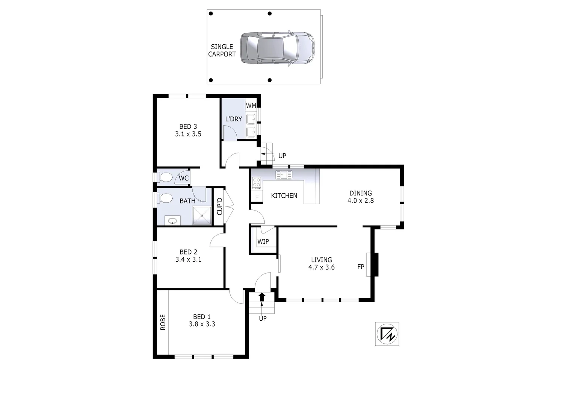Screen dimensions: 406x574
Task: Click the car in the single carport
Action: pyautogui.click(x=277, y=48)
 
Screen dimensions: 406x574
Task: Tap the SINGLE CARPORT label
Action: pyautogui.click(x=222, y=50)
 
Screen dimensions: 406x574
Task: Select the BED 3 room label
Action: pyautogui.click(x=188, y=127)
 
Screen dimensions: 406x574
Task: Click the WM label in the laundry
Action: pyautogui.click(x=251, y=106)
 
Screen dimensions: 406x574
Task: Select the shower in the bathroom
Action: pyautogui.click(x=202, y=216)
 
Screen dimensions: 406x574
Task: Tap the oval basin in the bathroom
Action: pyautogui.click(x=172, y=221)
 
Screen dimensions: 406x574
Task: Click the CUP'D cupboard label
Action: pyautogui.click(x=220, y=206)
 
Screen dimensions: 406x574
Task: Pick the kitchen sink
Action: pyautogui.click(x=284, y=174)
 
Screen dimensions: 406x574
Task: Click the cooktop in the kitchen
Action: pyautogui.click(x=257, y=183)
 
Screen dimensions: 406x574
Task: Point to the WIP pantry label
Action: pyautogui.click(x=263, y=241)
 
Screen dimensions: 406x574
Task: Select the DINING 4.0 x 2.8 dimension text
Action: pyautogui.click(x=361, y=200)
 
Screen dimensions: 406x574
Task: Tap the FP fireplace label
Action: pyautogui.click(x=361, y=267)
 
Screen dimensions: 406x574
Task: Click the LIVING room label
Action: pyautogui.click(x=322, y=260)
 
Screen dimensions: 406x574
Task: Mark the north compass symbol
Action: pyautogui.click(x=387, y=334)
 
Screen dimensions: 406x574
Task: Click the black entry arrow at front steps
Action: pyautogui.click(x=262, y=297)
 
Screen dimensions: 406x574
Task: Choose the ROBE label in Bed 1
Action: pyautogui.click(x=163, y=322)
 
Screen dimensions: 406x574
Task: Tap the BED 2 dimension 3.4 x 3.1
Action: pyautogui.click(x=188, y=259)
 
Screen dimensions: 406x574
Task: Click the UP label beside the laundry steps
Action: pyautogui.click(x=282, y=156)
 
